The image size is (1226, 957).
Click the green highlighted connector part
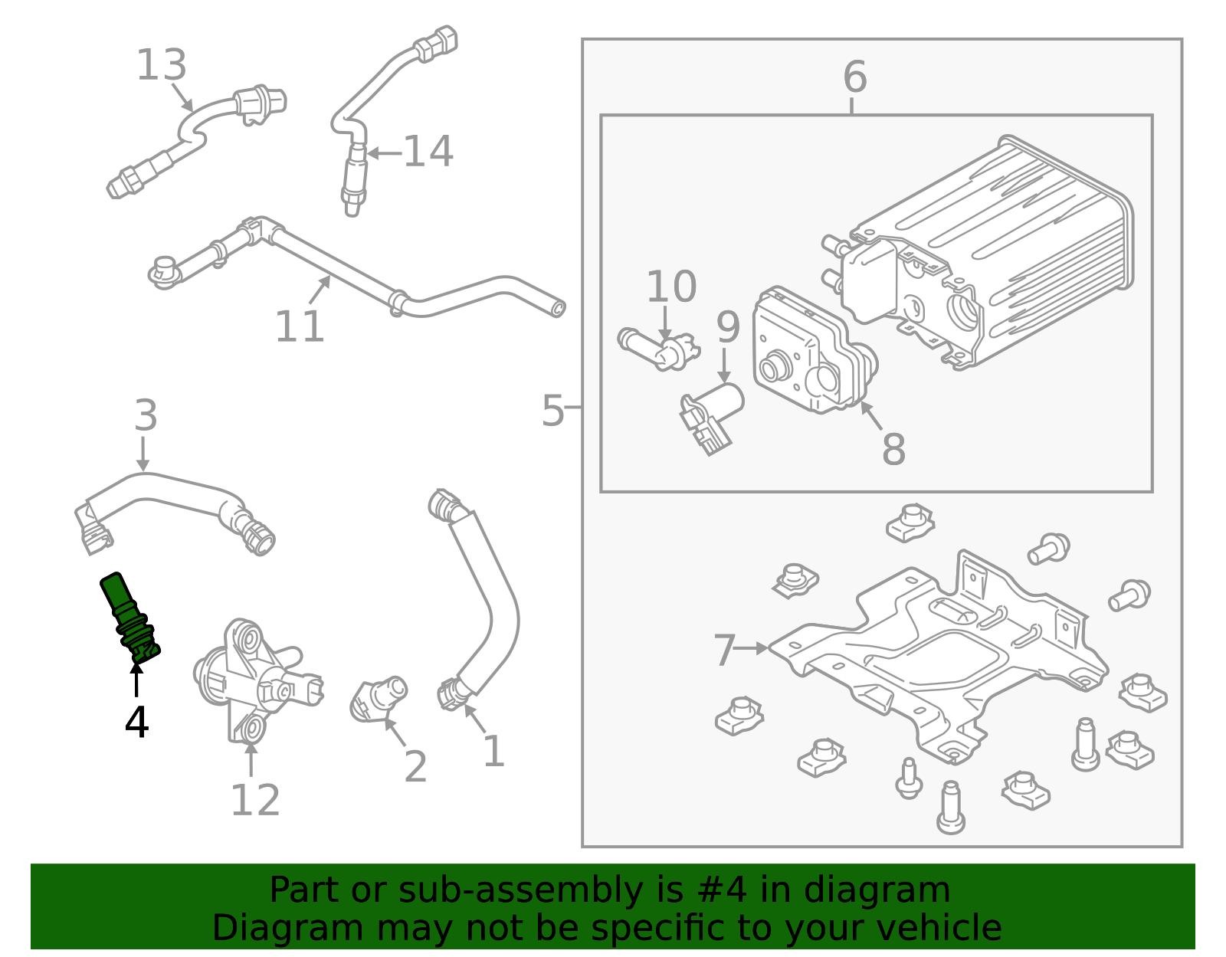coord(129,618)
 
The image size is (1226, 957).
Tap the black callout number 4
coord(136,722)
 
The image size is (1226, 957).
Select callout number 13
coord(161,65)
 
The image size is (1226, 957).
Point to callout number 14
coord(428,152)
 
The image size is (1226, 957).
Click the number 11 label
coord(300,327)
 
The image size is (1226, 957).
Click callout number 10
coord(671,287)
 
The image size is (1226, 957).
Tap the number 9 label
coord(728,327)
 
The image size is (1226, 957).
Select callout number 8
coord(893,450)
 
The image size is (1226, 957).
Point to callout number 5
coord(552,411)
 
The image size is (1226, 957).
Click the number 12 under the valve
coord(255,801)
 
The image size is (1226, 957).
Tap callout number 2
coord(415,766)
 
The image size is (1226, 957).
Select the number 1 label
coord(493,751)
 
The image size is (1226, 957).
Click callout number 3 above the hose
coord(146,415)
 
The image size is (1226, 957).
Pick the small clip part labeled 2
coord(379,697)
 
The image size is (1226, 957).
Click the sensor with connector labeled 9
coord(713,418)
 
